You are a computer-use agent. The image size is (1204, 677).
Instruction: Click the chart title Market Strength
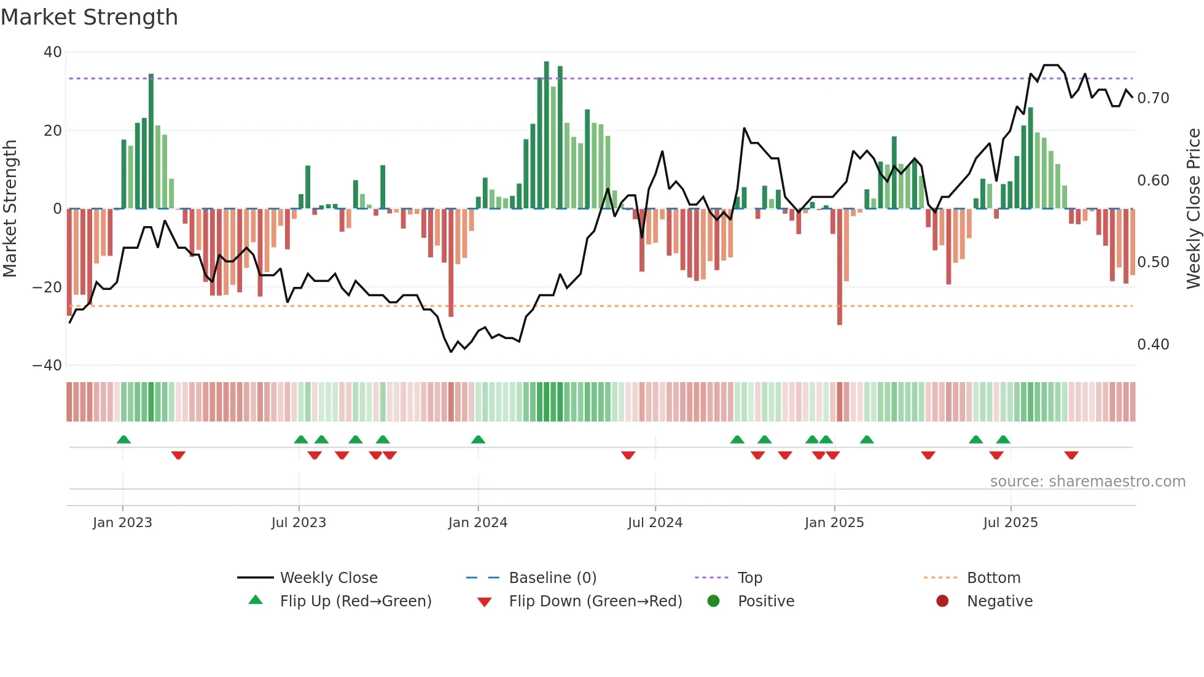click(89, 17)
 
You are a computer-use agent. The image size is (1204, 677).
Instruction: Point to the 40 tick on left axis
click(53, 52)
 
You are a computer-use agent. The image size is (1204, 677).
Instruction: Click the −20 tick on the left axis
click(47, 287)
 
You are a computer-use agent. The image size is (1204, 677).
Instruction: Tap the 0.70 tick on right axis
click(1153, 98)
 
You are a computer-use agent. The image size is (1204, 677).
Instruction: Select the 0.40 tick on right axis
click(1153, 345)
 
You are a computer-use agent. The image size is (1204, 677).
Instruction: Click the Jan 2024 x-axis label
click(478, 523)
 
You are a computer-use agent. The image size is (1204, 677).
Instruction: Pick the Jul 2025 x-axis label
click(1011, 523)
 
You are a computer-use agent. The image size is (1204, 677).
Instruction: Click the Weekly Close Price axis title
click(1193, 208)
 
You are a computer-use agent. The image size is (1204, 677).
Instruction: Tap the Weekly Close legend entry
click(329, 578)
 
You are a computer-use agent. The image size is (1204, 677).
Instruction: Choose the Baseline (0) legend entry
click(552, 578)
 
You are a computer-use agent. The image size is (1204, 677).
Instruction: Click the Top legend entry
click(749, 578)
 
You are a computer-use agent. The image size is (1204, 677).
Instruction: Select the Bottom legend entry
click(993, 578)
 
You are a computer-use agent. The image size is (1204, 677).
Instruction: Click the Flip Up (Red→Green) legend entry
click(356, 601)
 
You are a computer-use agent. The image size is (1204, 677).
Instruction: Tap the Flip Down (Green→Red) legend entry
click(595, 601)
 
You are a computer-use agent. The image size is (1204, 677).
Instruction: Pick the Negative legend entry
click(999, 601)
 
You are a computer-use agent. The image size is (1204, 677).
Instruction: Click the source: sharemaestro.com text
click(1087, 482)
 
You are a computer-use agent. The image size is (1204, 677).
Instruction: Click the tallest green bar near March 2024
click(546, 135)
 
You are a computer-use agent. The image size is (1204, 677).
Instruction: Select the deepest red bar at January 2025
click(840, 267)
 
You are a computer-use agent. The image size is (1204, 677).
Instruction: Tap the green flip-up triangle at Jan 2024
click(478, 439)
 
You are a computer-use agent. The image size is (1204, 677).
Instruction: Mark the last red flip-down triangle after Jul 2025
click(1071, 455)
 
